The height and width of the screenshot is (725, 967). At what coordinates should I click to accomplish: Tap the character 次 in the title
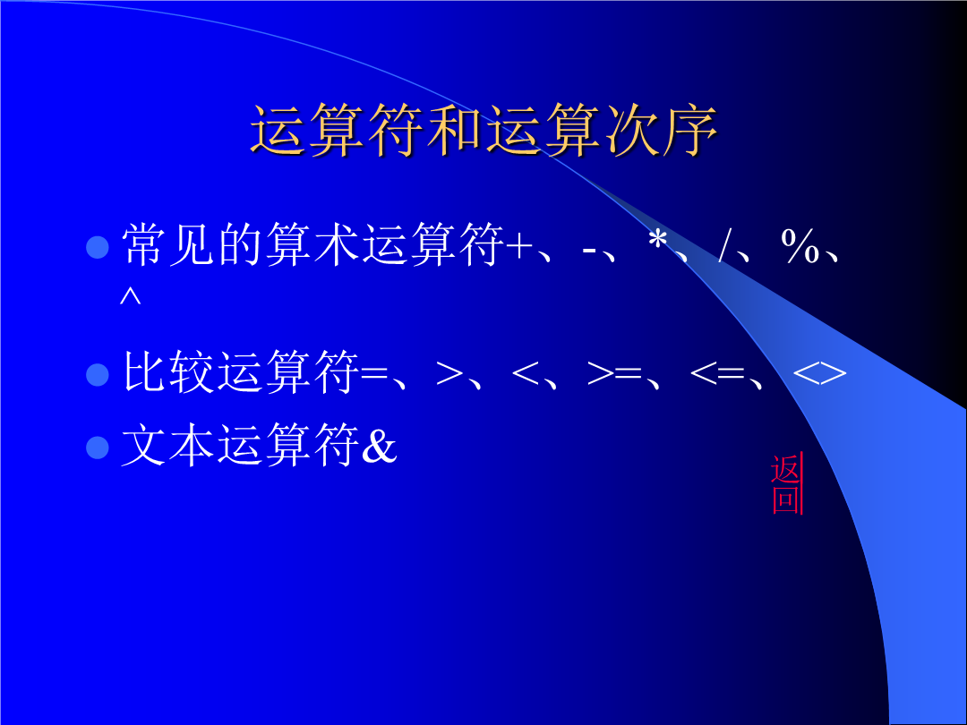point(631,130)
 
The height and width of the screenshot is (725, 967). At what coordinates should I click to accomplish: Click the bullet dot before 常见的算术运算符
point(98,247)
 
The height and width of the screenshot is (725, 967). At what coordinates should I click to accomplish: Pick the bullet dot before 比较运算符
point(98,374)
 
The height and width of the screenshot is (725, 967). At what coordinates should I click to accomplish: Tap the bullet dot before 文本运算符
point(98,447)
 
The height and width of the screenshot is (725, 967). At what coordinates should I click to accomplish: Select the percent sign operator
point(800,246)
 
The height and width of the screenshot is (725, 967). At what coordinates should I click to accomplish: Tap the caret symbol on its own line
point(130,296)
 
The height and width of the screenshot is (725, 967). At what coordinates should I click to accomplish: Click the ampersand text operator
point(379,445)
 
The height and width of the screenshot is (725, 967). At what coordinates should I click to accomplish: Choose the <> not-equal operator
point(819,373)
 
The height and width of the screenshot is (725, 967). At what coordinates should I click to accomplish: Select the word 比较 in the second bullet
point(168,371)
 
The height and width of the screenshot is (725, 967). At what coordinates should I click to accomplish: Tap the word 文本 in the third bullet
point(168,445)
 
